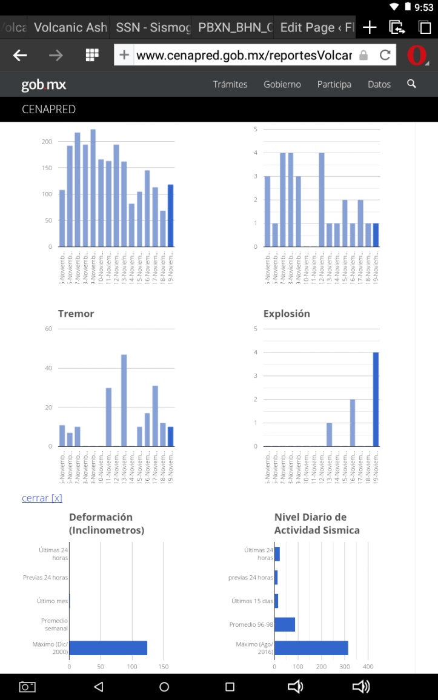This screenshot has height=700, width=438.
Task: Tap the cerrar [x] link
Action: pos(42,498)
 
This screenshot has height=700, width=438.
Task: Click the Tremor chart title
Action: pos(76,313)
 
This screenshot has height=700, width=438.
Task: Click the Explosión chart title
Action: pos(287,313)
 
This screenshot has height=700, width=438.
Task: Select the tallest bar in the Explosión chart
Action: pos(376,399)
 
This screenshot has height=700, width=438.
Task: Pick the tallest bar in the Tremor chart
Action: pos(124,400)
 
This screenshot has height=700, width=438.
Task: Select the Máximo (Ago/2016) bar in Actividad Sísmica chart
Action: pos(311,648)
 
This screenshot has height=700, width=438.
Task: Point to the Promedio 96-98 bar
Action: pos(285,624)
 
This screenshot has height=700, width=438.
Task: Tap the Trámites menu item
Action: pos(230,84)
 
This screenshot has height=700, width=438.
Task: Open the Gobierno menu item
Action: pos(282,84)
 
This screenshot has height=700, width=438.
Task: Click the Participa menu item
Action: pos(334,84)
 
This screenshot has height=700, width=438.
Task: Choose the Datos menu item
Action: pos(379,84)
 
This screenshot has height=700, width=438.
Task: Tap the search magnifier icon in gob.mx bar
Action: pos(412,84)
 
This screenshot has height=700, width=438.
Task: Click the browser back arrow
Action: pos(20,56)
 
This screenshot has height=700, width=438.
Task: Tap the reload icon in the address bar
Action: pos(385,56)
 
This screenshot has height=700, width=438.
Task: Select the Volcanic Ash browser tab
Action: pos(70,27)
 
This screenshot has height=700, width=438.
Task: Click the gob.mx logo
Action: pos(44,85)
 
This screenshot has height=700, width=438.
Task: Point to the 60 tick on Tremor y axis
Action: pos(49,329)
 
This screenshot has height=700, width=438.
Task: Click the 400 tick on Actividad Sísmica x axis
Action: pos(368,667)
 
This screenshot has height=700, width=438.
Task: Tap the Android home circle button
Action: pos(164,687)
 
